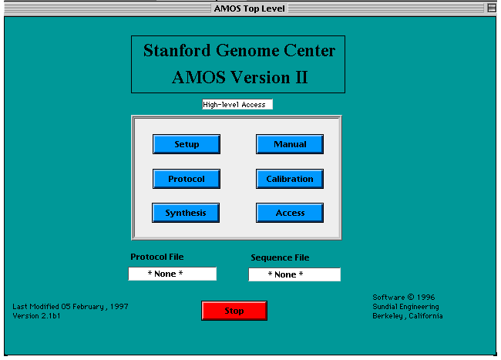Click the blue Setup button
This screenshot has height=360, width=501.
tap(187, 144)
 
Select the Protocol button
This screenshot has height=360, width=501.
tap(187, 179)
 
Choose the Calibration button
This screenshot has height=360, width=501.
tap(290, 179)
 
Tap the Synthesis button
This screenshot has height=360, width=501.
tap(186, 213)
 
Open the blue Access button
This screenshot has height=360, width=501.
tap(290, 213)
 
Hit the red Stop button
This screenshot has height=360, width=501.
tap(234, 311)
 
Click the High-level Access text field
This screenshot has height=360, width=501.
tap(237, 105)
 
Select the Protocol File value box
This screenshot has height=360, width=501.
tap(172, 274)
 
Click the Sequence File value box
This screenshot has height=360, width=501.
tap(294, 274)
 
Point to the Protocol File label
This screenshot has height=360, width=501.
tap(157, 257)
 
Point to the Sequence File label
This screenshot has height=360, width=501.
tap(280, 257)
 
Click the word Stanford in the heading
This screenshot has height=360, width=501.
tap(177, 50)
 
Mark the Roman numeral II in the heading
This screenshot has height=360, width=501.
tap(301, 78)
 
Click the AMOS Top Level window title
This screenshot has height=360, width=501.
tap(249, 8)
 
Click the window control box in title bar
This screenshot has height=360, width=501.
tap(492, 8)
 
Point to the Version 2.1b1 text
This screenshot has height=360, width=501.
tap(36, 316)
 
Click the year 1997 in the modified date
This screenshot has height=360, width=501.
tap(119, 307)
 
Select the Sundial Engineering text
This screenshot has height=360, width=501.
tap(405, 307)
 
